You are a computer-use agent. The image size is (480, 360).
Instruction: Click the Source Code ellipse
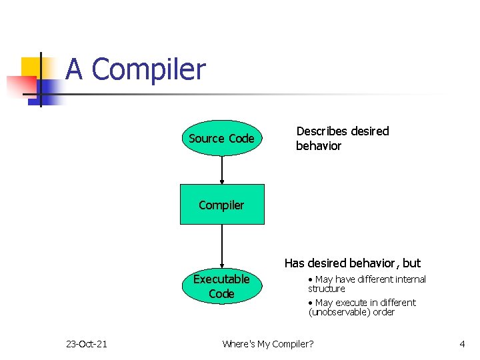[x=221, y=138]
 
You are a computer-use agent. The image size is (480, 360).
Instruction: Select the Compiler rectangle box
[x=221, y=204]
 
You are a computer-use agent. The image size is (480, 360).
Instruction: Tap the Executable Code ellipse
[x=221, y=286]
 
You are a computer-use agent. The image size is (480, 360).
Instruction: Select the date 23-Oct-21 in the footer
[x=87, y=344]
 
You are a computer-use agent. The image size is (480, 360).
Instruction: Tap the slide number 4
[x=462, y=344]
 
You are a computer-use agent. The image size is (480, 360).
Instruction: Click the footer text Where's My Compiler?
[x=267, y=344]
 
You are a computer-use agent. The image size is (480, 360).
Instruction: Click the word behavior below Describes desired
[x=319, y=146]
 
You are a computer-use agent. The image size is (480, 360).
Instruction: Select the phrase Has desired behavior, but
[x=353, y=263]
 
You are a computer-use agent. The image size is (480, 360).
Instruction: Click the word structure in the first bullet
[x=327, y=289]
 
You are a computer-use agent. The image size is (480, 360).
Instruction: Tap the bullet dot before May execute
[x=311, y=303]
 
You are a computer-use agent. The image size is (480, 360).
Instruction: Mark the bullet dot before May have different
[x=311, y=279]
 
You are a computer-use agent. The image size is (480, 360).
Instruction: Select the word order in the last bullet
[x=383, y=312]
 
